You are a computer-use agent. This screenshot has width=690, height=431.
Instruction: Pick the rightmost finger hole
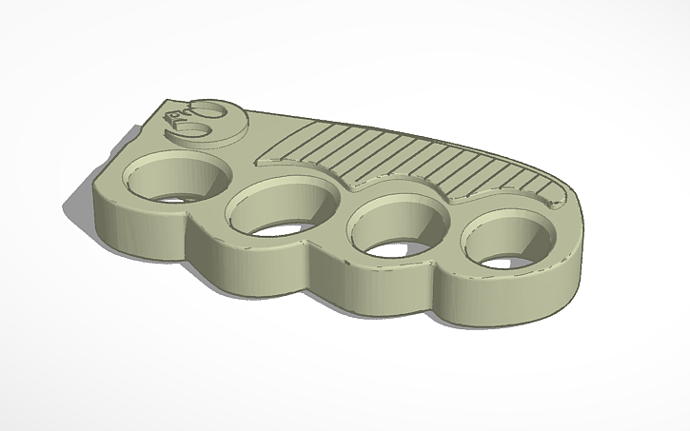503,245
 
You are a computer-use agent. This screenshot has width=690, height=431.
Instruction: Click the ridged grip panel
419,162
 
